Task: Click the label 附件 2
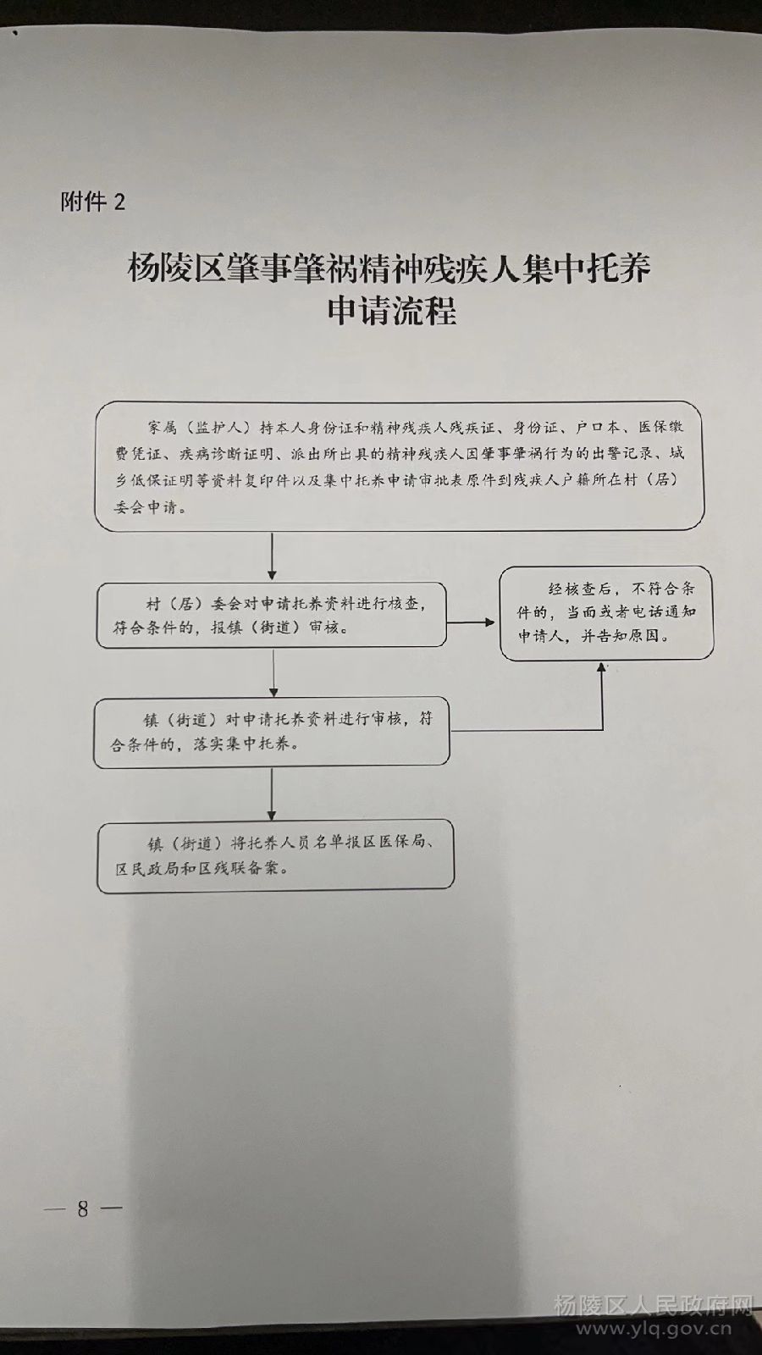92,202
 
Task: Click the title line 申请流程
391,310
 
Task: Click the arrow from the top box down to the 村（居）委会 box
272,556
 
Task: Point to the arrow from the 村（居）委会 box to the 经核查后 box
471,622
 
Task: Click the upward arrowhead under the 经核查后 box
602,667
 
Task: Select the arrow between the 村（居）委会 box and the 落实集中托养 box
273,672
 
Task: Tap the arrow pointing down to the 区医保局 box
272,794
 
